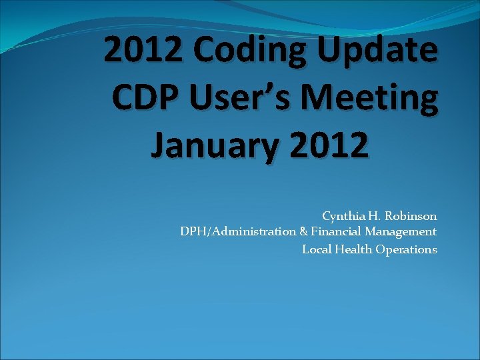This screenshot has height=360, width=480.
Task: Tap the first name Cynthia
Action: [343, 216]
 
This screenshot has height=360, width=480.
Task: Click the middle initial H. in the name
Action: [374, 216]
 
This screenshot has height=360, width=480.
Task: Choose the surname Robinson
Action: [411, 216]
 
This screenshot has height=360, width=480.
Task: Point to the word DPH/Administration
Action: [237, 232]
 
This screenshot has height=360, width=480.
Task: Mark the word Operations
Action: [406, 250]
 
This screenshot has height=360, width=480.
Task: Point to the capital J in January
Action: [159, 145]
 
